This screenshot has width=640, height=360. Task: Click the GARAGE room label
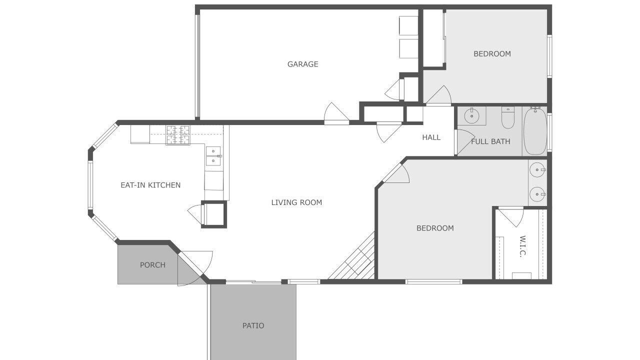point(302,64)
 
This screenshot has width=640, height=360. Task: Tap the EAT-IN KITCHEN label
point(150,185)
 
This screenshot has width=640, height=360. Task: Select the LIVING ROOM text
point(296,202)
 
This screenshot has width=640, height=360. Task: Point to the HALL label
point(431,137)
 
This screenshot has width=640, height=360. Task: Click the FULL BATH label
point(490,141)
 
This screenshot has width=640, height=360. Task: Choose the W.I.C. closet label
point(522,246)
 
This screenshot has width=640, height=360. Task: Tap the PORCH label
point(152,265)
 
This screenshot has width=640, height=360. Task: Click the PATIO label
point(253,325)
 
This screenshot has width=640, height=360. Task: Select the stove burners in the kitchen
point(177,135)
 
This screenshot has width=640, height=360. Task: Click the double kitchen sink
point(213,156)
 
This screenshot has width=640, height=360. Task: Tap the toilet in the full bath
point(507,117)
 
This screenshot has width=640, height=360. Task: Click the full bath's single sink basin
point(471,116)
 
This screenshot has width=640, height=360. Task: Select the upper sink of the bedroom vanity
point(537,169)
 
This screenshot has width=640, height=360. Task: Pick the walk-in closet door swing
point(511,216)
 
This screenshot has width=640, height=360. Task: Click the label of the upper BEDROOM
point(492,53)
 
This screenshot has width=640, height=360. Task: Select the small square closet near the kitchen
point(214,214)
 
